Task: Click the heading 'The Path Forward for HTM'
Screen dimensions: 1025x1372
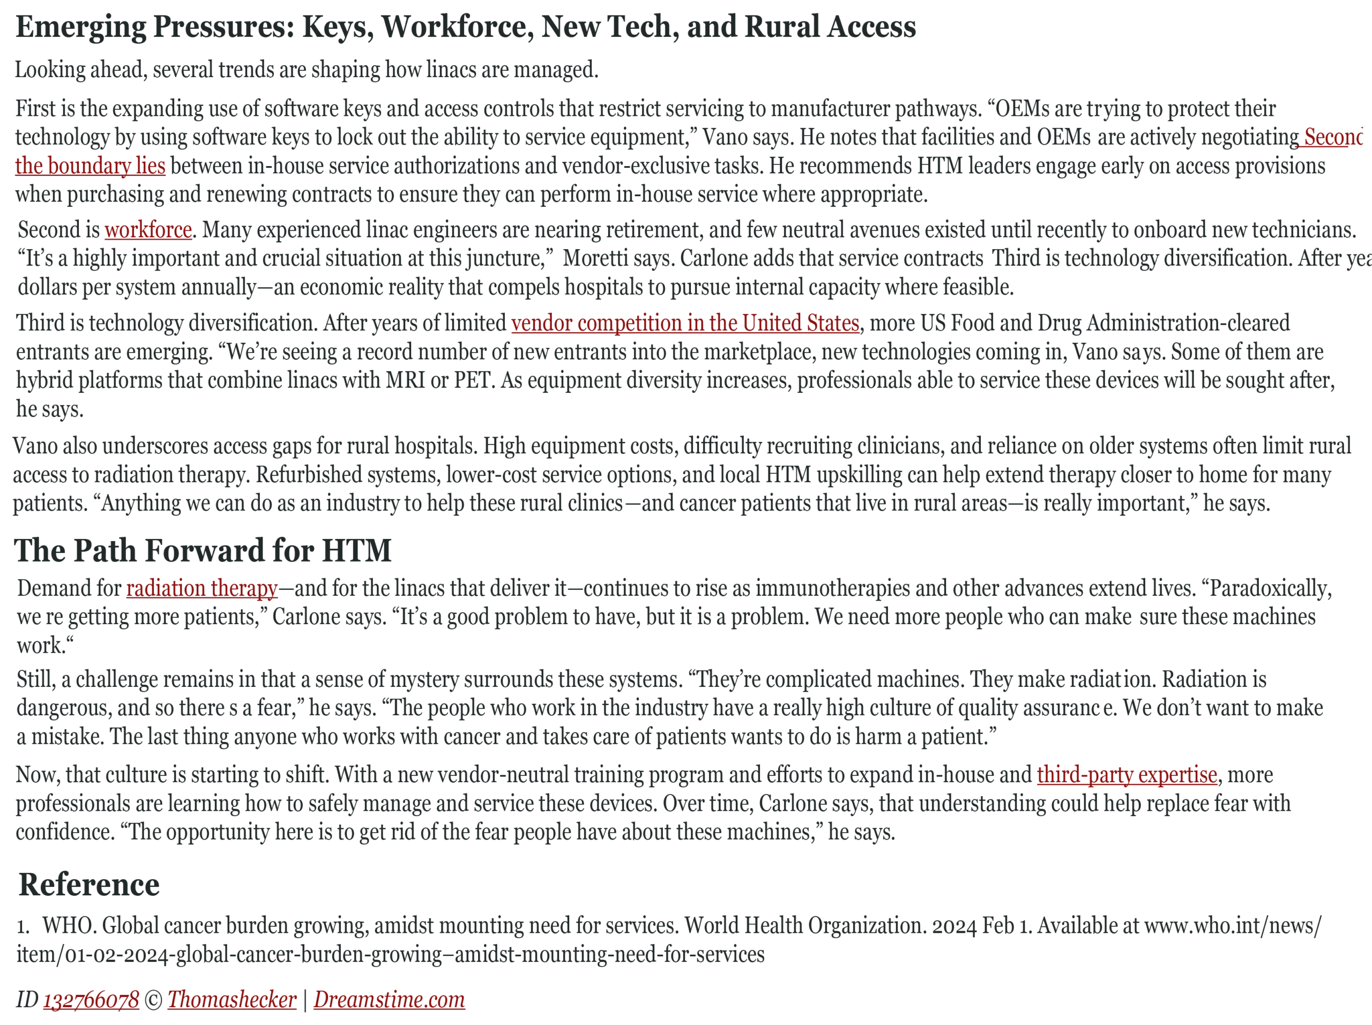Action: pyautogui.click(x=202, y=551)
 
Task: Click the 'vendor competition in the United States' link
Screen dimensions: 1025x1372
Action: pyautogui.click(x=685, y=323)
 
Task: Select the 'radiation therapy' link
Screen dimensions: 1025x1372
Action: pyautogui.click(x=202, y=588)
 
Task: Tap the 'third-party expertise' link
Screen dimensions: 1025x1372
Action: pyautogui.click(x=1127, y=774)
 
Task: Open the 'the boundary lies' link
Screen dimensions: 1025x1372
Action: pyautogui.click(x=90, y=166)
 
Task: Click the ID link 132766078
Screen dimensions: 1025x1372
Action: pyautogui.click(x=91, y=1000)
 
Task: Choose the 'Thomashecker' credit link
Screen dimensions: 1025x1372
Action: pyautogui.click(x=232, y=1000)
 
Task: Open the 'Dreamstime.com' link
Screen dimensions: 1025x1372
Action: pyautogui.click(x=389, y=1000)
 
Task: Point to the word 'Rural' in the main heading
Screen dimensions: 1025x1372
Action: pyautogui.click(x=784, y=27)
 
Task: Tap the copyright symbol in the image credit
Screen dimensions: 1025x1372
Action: pyautogui.click(x=153, y=1000)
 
